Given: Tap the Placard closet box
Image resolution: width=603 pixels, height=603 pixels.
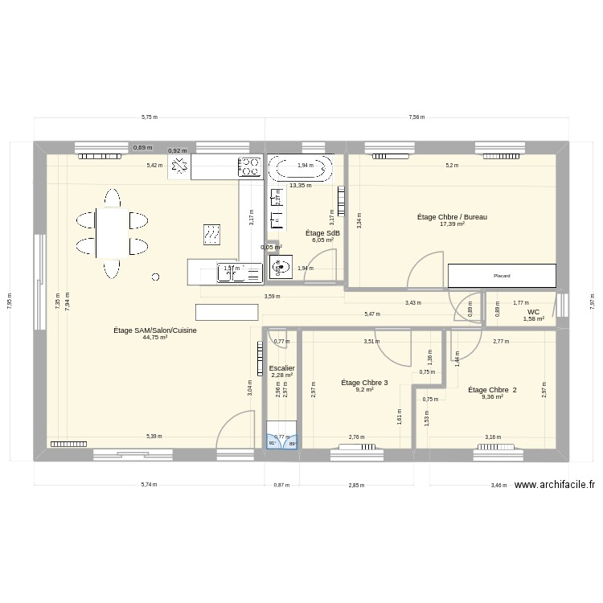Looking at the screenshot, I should (502, 276).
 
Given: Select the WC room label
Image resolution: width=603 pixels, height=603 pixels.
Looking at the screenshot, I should (534, 312).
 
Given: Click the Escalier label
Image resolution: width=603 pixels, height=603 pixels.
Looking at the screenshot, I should (282, 367).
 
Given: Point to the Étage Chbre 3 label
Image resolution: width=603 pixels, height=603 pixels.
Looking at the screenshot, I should (364, 383).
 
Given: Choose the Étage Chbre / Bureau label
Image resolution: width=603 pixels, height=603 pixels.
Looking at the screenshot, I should (452, 217).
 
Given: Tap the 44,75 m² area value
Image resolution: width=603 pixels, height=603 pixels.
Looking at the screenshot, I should (155, 338).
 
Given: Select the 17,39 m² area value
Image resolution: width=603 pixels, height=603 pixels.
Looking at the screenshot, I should (452, 224).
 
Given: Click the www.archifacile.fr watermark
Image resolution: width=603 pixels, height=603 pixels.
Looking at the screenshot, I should (554, 485).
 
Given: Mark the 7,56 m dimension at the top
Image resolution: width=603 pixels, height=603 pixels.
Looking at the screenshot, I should (416, 117).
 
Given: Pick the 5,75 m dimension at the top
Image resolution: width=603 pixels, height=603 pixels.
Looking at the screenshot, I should (150, 117).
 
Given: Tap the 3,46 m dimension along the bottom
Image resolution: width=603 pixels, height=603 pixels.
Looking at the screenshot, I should (499, 486).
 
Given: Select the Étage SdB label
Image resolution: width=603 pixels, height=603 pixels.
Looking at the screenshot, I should (322, 233).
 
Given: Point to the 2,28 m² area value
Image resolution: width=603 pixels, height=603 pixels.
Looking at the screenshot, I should (282, 375).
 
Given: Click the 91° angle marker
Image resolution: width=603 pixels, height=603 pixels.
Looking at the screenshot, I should (273, 443).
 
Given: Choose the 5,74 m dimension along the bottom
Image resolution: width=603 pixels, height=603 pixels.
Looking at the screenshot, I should (150, 486).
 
